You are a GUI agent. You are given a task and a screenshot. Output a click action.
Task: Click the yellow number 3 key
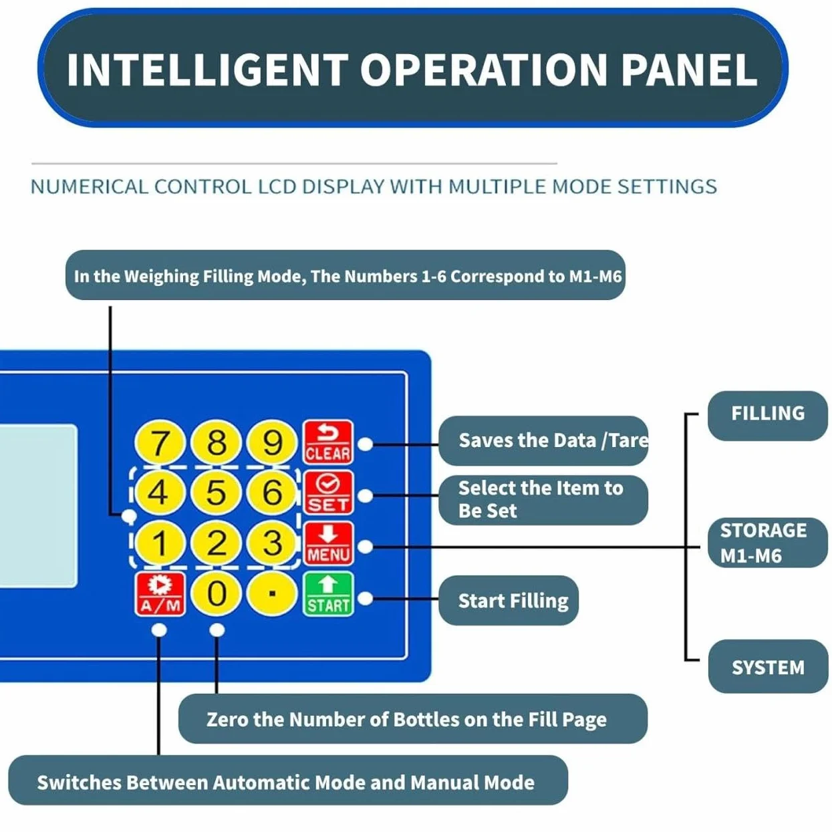[x=273, y=542]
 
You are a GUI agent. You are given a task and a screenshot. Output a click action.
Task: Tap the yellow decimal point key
[x=272, y=593]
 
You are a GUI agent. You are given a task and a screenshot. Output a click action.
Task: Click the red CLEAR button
[x=327, y=442]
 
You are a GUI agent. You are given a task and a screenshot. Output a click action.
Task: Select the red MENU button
[x=327, y=543]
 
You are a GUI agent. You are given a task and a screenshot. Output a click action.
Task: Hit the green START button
[x=327, y=593]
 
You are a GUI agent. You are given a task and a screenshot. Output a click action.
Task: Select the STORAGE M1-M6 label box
[x=768, y=542]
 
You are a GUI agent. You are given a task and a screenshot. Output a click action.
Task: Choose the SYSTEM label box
[x=768, y=667]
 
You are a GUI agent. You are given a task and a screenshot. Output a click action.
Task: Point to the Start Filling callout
[x=508, y=600]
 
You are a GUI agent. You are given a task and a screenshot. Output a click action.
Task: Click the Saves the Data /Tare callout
[x=543, y=440]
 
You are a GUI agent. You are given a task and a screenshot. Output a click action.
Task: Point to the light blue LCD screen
[x=38, y=506]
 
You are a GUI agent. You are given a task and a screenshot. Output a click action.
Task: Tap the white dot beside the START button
[x=366, y=599]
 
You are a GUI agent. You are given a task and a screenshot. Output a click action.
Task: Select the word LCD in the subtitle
[x=277, y=186]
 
